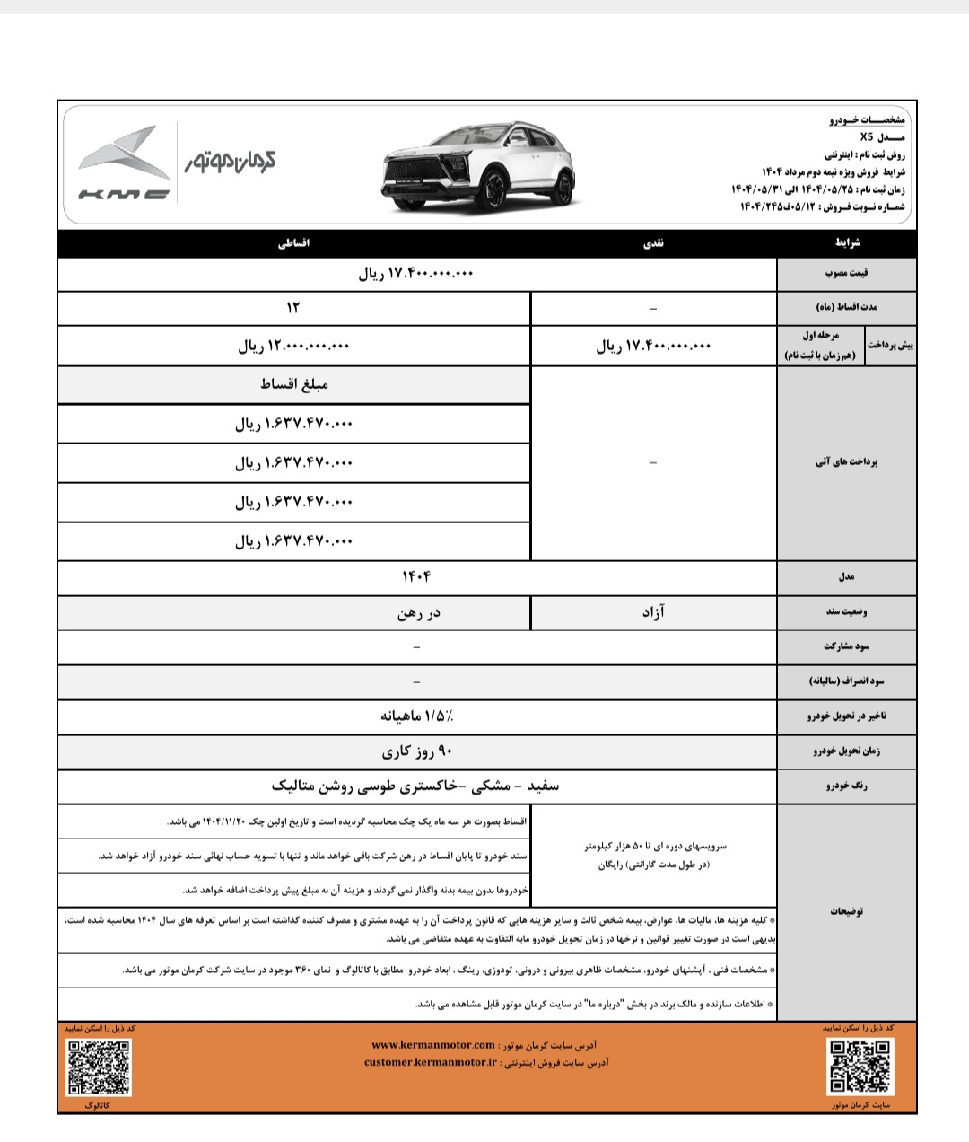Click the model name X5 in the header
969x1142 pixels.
point(866,137)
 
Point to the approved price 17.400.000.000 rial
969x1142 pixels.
point(416,275)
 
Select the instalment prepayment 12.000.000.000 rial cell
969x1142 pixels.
point(293,346)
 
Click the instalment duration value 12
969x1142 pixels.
point(293,307)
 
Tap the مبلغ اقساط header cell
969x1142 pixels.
point(293,384)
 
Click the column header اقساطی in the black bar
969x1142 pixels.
point(293,243)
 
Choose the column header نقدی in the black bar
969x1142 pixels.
point(652,243)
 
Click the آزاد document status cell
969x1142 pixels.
point(652,611)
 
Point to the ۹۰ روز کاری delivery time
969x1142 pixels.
point(416,751)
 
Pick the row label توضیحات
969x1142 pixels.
point(847,910)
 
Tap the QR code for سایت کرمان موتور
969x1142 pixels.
point(860,1067)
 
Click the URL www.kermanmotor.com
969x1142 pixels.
point(432,1045)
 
